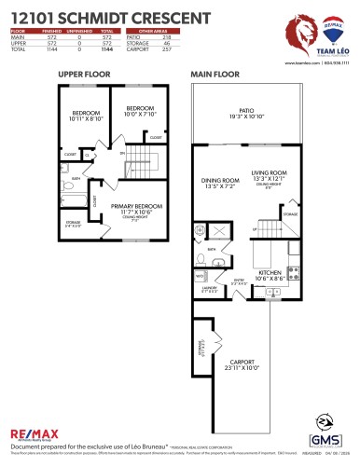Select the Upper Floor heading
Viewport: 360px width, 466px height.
82,73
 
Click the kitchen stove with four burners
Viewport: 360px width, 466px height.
294,274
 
